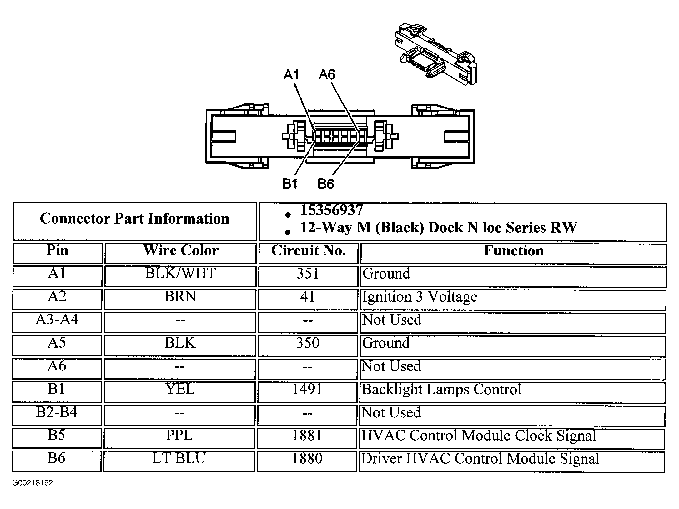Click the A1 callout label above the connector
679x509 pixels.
click(291, 75)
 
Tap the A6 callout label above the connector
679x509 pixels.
click(327, 75)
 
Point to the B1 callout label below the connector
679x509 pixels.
click(290, 184)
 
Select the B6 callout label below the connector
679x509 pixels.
click(326, 184)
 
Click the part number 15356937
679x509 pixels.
click(332, 210)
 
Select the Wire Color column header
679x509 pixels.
click(181, 250)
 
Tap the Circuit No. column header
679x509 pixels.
click(308, 250)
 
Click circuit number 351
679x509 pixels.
click(308, 274)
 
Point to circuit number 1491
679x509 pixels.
click(307, 389)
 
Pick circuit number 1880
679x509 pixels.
click(307, 459)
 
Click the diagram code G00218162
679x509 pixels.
click(33, 483)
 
